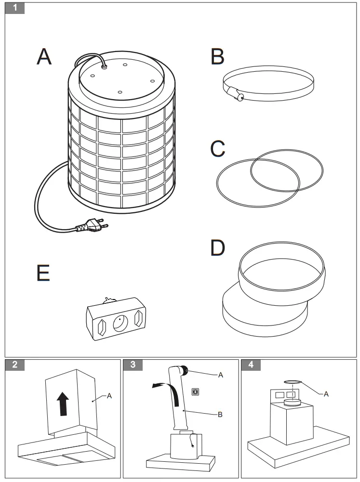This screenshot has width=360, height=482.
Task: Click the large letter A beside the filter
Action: click(x=44, y=56)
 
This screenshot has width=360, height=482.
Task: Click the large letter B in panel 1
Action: click(x=217, y=56)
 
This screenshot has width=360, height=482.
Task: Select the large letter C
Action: click(x=218, y=149)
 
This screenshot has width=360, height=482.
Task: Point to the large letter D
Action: click(x=218, y=248)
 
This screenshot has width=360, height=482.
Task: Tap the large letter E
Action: click(x=43, y=273)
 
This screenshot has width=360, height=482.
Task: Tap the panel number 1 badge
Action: click(x=15, y=8)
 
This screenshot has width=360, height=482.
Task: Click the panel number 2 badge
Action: click(x=15, y=365)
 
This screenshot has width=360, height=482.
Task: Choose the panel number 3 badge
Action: click(x=133, y=365)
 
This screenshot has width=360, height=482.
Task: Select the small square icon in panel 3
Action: click(x=195, y=391)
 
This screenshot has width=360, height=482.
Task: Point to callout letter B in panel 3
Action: click(x=220, y=414)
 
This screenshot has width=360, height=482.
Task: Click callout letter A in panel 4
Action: click(x=326, y=394)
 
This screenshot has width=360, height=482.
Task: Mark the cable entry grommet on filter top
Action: click(x=104, y=68)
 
